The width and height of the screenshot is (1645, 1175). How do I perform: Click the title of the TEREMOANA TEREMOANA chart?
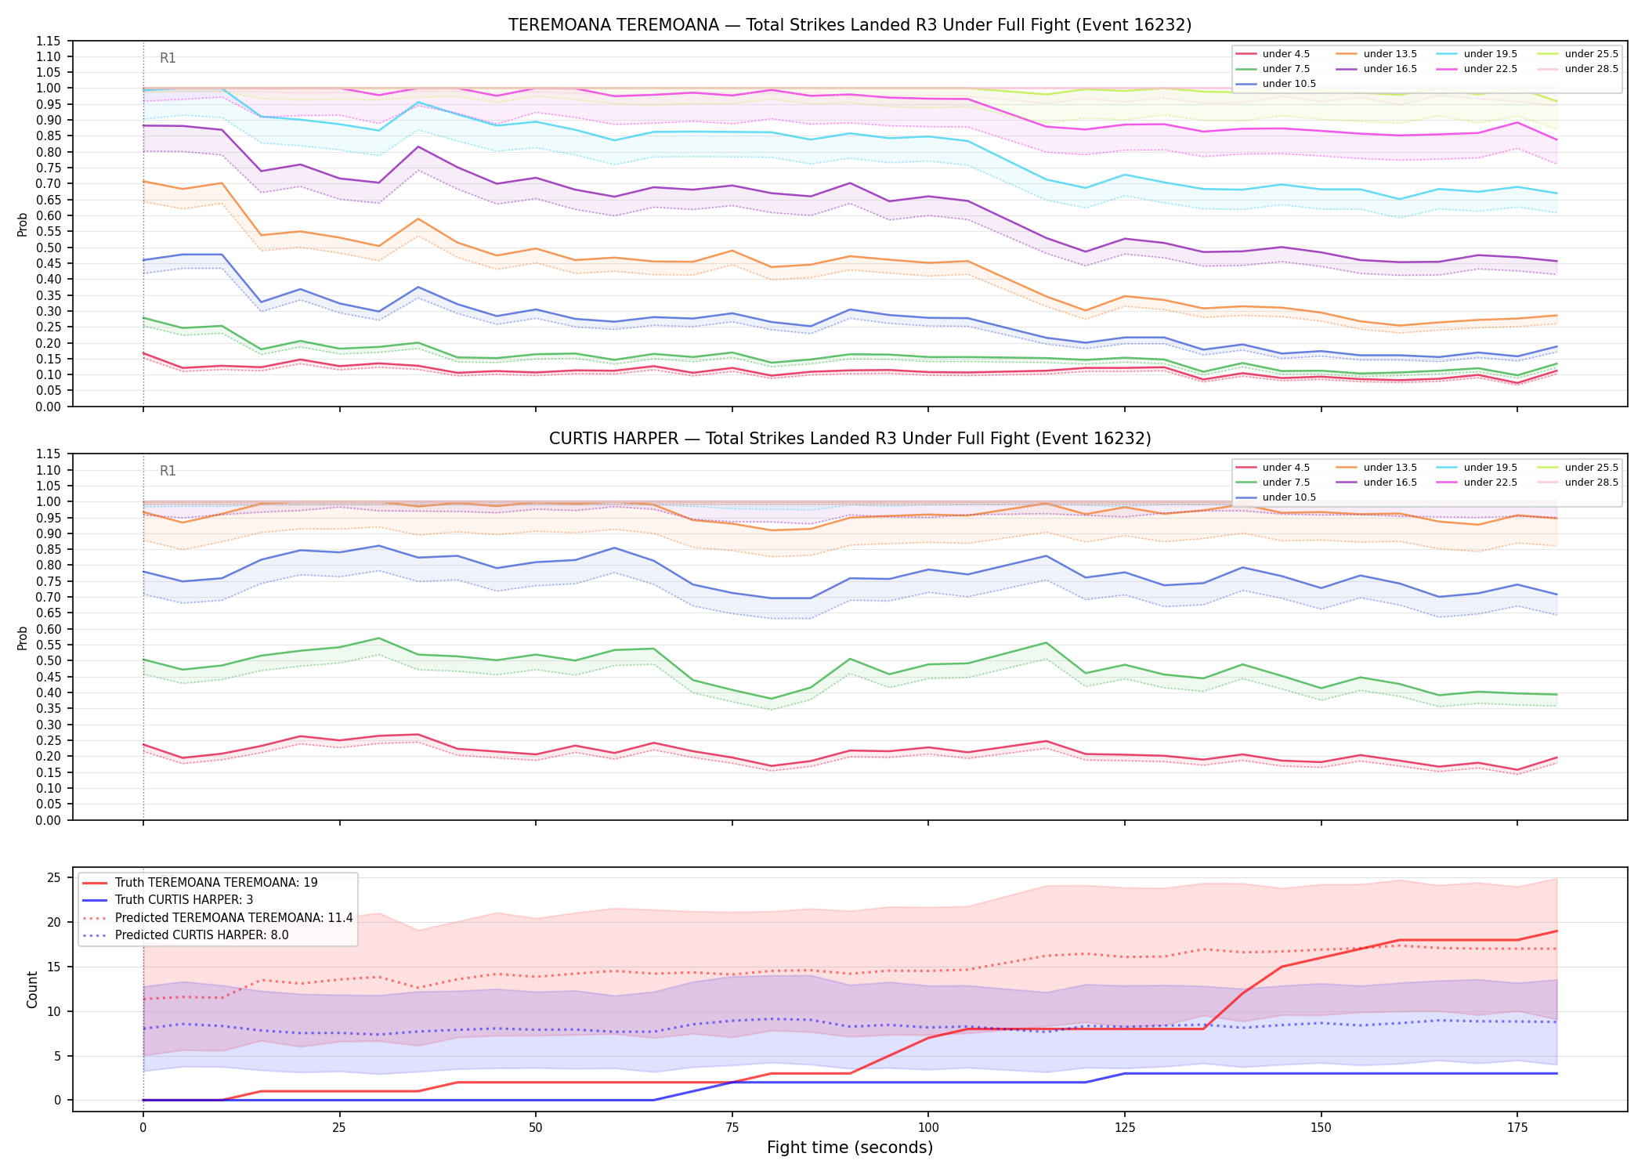point(850,25)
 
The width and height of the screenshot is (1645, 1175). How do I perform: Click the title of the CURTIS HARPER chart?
point(850,439)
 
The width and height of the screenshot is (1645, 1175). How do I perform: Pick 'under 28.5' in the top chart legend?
point(1591,69)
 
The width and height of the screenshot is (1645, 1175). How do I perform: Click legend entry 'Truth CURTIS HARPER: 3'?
point(184,900)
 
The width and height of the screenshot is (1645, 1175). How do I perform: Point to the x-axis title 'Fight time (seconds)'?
point(850,1148)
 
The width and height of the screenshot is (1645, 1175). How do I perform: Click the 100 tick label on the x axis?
point(928,1128)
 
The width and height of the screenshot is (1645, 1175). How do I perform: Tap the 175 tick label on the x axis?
point(1517,1128)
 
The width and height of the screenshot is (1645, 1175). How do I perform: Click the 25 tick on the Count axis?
point(54,877)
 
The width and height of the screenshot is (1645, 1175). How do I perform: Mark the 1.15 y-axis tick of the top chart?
point(49,41)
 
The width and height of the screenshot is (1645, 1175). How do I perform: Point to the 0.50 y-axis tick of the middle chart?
point(49,660)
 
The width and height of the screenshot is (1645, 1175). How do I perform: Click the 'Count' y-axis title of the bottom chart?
point(32,989)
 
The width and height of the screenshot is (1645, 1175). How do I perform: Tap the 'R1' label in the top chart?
point(168,58)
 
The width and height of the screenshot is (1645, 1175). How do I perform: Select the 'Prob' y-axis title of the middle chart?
point(22,638)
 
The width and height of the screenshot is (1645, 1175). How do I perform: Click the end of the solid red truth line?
point(1556,931)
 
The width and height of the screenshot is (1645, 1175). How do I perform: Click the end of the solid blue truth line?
point(1556,1073)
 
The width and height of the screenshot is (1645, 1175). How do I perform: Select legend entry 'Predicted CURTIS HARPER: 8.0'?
point(201,935)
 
